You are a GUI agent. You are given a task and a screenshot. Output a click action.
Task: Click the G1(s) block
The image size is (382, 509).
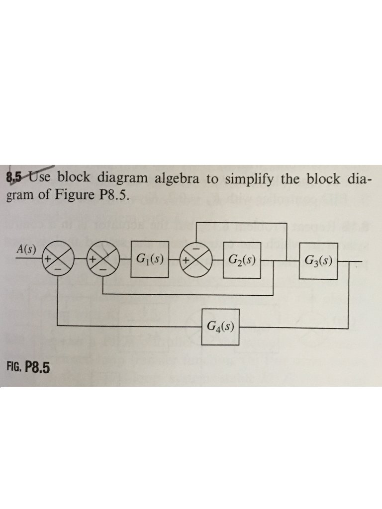click(x=149, y=259)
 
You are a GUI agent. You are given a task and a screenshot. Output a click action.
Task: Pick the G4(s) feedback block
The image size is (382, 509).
click(x=221, y=327)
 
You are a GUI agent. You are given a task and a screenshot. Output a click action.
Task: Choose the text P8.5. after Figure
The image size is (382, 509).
click(x=114, y=194)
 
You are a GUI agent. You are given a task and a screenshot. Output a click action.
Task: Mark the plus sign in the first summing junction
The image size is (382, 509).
click(x=48, y=259)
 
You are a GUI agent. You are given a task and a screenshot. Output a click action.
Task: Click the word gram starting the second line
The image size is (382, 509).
click(x=19, y=195)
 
